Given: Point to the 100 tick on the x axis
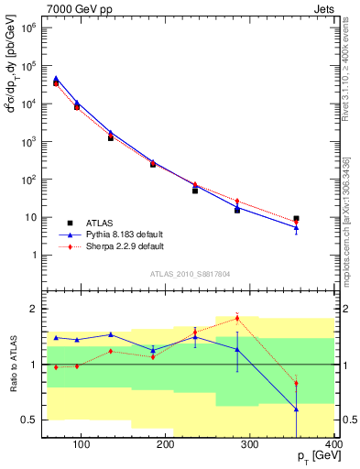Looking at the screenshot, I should click(82, 446).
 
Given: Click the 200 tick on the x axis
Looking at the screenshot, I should click(166, 446).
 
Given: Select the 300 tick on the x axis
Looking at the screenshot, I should click(250, 446).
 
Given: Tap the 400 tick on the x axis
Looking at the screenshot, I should click(333, 446).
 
